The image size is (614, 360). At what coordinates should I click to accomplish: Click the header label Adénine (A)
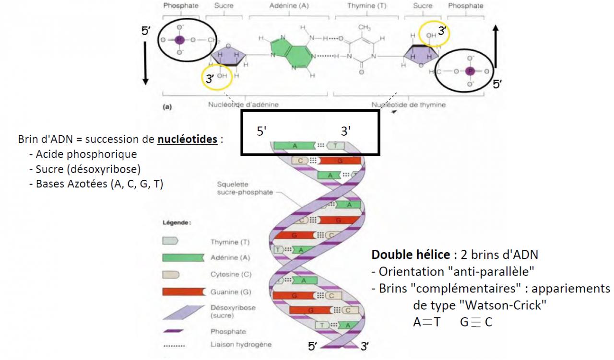pos(289,6)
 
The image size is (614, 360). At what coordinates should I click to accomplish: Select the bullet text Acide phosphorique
pos(83,154)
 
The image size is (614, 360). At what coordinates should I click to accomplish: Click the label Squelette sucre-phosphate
pos(237,188)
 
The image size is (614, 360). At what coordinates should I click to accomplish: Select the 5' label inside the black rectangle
pos(261,131)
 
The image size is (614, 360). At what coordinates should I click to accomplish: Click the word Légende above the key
pos(177,223)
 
